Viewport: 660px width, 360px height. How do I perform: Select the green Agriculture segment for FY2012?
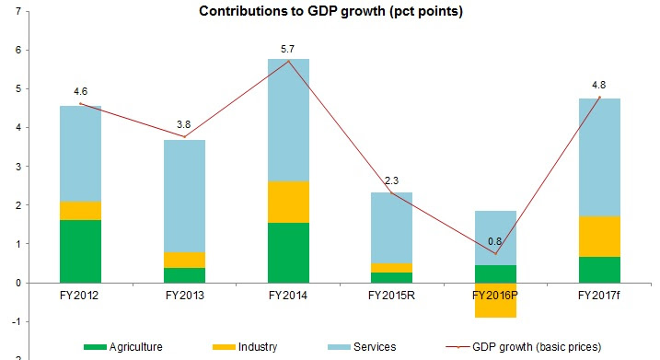coord(80,251)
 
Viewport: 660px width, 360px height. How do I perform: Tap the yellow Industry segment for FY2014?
coord(288,203)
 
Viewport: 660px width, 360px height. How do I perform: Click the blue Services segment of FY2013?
coord(184,196)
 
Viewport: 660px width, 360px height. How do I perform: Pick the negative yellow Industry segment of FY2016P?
coord(495,300)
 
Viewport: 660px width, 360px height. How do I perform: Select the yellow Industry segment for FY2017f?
coord(599,237)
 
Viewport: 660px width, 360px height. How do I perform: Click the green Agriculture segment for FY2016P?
coord(495,273)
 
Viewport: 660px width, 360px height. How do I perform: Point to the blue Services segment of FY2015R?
coord(391,227)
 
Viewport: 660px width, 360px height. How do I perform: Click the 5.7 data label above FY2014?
coord(287,50)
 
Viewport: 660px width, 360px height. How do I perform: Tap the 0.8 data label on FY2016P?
coord(494,241)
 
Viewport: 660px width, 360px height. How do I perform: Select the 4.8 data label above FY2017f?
coord(598,85)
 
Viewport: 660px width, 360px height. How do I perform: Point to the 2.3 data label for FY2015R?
coord(391,180)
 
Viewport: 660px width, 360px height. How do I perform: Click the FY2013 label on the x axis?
coord(184,296)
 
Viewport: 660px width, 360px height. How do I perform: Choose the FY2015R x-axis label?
coord(391,296)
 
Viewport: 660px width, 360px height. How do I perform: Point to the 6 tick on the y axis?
coord(17,50)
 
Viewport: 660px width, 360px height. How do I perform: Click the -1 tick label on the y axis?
coord(17,321)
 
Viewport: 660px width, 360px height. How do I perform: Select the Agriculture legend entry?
coord(123,347)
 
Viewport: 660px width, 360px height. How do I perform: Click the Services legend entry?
coord(362,347)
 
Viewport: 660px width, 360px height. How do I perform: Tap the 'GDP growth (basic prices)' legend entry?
coord(523,347)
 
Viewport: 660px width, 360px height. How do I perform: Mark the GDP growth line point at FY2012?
coord(80,103)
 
